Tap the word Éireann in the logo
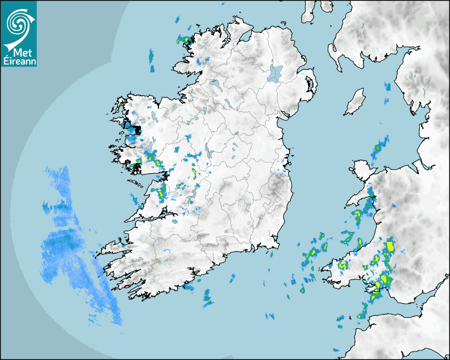point(20,61)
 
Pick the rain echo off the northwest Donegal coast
point(185,40)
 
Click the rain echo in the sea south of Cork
point(208,298)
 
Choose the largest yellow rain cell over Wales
point(391,245)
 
